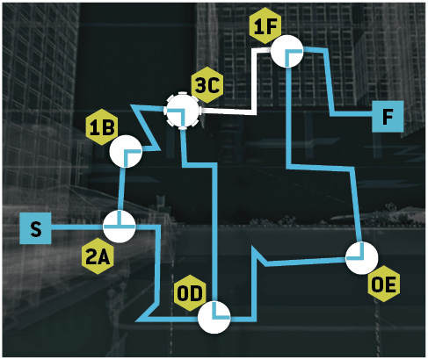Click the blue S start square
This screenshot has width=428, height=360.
(35, 228)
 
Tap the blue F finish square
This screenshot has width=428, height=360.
(388, 116)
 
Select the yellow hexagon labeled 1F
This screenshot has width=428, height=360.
(265, 26)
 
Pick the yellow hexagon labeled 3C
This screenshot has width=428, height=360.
(207, 85)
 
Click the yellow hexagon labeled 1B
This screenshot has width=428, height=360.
(102, 127)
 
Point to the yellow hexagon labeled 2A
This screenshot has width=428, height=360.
(98, 256)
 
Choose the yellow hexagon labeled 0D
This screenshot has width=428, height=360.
(190, 293)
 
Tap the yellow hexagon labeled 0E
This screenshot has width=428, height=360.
(383, 284)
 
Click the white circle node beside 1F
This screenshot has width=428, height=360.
(287, 51)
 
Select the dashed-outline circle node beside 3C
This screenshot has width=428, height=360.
(183, 111)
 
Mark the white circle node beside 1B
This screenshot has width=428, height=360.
(126, 151)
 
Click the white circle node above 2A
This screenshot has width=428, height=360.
(120, 227)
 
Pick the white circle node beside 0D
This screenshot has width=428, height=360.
(214, 317)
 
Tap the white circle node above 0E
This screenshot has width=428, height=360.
(362, 258)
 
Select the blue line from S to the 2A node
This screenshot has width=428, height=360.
(77, 227)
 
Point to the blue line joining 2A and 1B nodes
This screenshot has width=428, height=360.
(121, 189)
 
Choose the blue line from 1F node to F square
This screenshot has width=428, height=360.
(329, 82)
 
